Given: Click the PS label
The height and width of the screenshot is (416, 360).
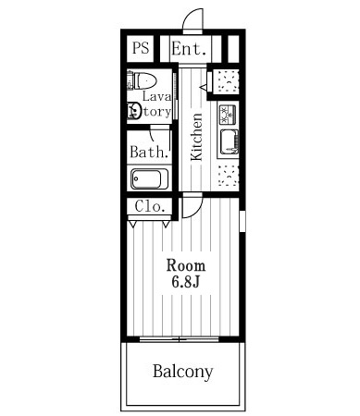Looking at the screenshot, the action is [x=141, y=48].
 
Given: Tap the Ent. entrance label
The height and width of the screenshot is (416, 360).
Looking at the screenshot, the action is [x=189, y=48].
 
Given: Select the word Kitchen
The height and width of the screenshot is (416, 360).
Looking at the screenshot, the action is [x=196, y=137].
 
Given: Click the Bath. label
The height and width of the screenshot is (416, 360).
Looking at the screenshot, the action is [x=149, y=152].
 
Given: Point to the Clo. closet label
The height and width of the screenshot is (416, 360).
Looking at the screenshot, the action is [x=149, y=206].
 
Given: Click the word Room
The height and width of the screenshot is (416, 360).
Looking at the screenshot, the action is [x=186, y=265].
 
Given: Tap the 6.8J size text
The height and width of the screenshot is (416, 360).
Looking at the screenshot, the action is [x=186, y=281].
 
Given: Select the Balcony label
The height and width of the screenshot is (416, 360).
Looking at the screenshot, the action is [x=183, y=372].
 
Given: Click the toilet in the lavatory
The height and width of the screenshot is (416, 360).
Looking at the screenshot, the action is [x=142, y=80].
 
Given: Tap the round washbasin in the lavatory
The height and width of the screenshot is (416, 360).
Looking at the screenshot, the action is [x=134, y=110].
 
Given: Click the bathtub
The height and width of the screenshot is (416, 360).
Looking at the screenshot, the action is [x=149, y=178].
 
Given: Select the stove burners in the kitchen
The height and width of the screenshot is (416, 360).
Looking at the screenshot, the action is [x=228, y=115].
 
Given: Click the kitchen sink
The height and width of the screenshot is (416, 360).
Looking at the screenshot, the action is [x=230, y=141].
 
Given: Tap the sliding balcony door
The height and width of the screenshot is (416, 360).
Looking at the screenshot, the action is [x=179, y=339].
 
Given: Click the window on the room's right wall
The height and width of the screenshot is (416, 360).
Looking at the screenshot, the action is [x=242, y=221].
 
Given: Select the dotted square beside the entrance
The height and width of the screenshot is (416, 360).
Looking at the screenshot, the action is [x=229, y=81].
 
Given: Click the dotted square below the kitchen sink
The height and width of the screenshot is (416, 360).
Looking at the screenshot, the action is [x=229, y=176].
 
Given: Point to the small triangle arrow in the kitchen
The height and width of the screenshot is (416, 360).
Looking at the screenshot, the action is [x=204, y=88].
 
